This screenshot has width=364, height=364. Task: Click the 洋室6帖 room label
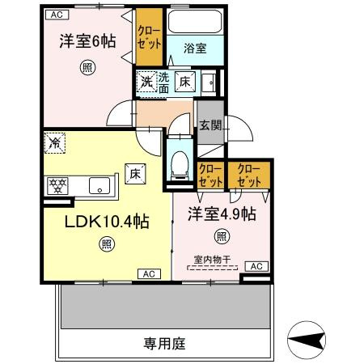(87, 41)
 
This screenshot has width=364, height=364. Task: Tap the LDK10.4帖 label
(107, 222)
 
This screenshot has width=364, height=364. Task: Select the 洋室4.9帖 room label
(222, 214)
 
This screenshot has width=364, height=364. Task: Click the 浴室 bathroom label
(195, 49)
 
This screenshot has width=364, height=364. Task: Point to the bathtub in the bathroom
(195, 22)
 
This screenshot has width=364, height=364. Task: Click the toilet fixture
(180, 166)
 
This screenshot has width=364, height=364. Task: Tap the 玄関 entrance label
(210, 125)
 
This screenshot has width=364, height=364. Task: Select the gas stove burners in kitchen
(57, 186)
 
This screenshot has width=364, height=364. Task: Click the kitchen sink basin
(99, 185)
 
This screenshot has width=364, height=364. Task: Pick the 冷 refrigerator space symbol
(55, 143)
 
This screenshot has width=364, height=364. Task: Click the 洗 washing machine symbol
(146, 82)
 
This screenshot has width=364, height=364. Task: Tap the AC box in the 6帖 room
(57, 15)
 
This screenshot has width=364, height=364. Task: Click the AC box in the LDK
(149, 274)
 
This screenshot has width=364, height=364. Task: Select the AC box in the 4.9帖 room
(256, 266)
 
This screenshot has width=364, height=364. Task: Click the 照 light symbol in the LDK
(107, 244)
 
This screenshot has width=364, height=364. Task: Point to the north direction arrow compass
(307, 340)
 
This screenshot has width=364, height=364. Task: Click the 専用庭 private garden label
(164, 344)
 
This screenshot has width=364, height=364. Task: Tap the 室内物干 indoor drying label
(213, 260)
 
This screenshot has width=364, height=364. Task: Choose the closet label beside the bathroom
(149, 37)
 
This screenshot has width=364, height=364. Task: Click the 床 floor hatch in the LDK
(135, 174)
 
